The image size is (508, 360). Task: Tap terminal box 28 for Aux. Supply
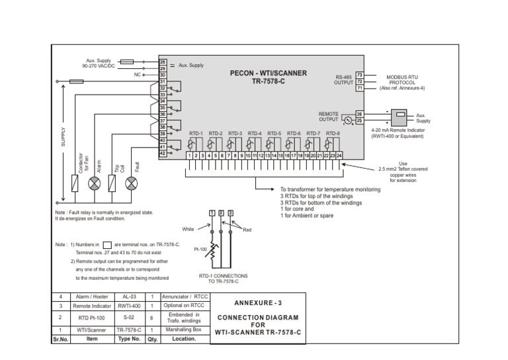[x=163, y=62]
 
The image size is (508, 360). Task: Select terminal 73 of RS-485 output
[x=359, y=75]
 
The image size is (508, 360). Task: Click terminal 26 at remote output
[x=359, y=114]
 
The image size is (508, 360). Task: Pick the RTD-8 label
[x=333, y=133]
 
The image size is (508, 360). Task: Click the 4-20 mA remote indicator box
[x=400, y=118]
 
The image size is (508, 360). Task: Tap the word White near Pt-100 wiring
[x=188, y=229]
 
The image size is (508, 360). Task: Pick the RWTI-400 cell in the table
[x=129, y=306]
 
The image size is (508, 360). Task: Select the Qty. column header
[x=151, y=338]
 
